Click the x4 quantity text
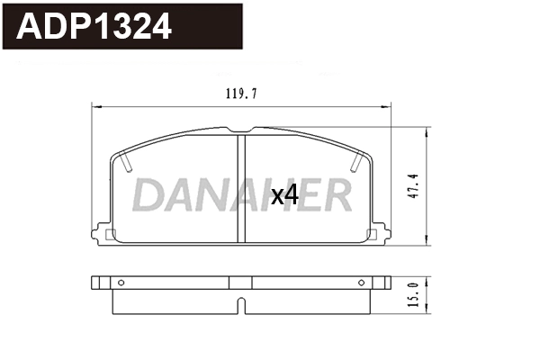[x=284, y=194]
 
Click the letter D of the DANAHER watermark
[x=151, y=194]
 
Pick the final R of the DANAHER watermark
[x=338, y=194]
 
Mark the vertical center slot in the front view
[x=241, y=188]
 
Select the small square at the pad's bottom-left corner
[x=111, y=236]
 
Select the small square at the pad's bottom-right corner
[x=372, y=236]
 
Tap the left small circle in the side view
[x=121, y=283]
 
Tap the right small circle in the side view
[x=362, y=283]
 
